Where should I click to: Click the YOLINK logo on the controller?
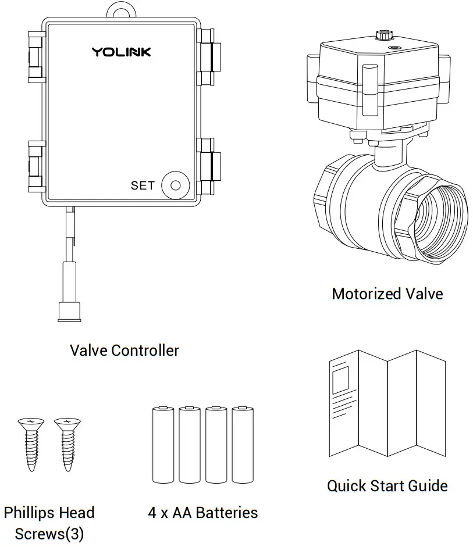coord(121,52)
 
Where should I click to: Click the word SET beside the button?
coord(143,185)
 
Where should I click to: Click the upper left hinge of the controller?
coord(36,56)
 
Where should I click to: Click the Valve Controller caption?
coord(125,351)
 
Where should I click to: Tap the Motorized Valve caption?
coord(387,294)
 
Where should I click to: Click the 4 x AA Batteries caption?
coord(202,513)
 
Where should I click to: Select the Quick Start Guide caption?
coord(387,485)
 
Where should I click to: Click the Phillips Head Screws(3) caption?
coord(49,523)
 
